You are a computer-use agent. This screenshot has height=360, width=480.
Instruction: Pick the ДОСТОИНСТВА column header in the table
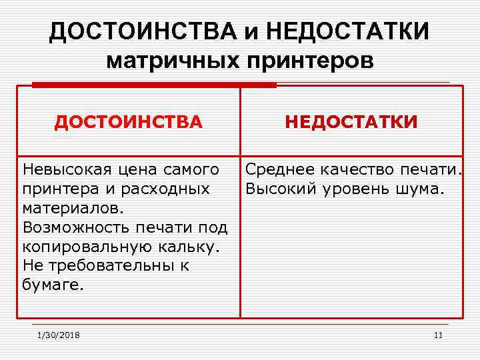pos(128,123)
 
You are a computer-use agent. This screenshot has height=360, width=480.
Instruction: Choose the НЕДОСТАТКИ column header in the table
pos(351,123)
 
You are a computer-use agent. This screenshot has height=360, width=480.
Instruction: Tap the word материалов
pos(72,208)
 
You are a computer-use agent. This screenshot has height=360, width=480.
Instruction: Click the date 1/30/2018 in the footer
pos(59,335)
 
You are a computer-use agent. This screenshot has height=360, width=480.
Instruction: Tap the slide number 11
pos(438,335)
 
